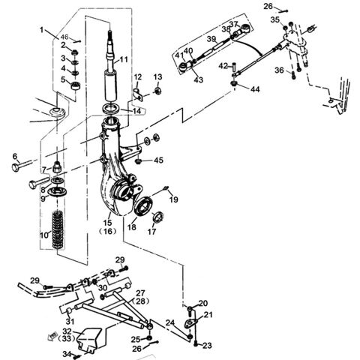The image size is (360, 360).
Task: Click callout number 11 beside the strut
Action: click(x=124, y=59)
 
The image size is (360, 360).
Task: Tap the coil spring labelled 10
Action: click(x=58, y=233)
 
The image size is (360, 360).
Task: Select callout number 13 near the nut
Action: click(x=158, y=77)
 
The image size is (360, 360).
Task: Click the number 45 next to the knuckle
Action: click(x=158, y=160)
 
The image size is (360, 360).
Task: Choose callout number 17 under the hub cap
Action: click(x=152, y=232)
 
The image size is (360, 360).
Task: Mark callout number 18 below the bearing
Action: click(x=132, y=227)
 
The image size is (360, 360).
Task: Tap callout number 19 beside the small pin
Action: click(x=173, y=199)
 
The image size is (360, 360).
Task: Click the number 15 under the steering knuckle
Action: click(x=108, y=223)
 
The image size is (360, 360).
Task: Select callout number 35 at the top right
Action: click(x=275, y=19)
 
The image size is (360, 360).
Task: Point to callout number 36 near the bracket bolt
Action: click(x=279, y=71)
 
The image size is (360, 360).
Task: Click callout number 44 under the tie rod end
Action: click(x=256, y=89)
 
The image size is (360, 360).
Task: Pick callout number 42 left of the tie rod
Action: click(x=223, y=66)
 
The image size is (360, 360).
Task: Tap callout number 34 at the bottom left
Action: click(x=66, y=353)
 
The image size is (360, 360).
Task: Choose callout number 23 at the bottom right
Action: click(x=207, y=346)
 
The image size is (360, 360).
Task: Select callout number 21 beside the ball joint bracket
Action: click(x=208, y=315)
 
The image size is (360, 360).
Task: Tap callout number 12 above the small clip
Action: click(x=139, y=76)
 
